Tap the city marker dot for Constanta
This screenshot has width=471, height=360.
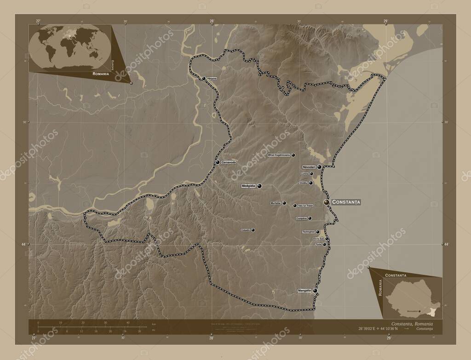coord(327,202)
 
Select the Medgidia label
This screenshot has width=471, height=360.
coord(248,186)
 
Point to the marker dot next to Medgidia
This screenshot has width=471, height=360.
coord(260,186)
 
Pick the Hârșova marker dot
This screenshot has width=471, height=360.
coord(204,79)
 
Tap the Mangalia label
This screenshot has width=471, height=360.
coord(304,291)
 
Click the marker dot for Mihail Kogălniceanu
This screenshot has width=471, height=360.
coord(293,155)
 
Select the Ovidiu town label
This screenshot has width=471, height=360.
coord(303,183)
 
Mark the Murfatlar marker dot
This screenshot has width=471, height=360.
coord(284,203)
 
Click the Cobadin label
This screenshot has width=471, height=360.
coord(245,230)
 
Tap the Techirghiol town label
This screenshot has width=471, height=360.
coord(309,232)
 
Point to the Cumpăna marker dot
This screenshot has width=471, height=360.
coord(310,218)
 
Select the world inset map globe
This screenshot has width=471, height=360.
coord(69,47)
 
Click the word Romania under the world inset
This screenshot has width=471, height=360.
coord(100,74)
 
